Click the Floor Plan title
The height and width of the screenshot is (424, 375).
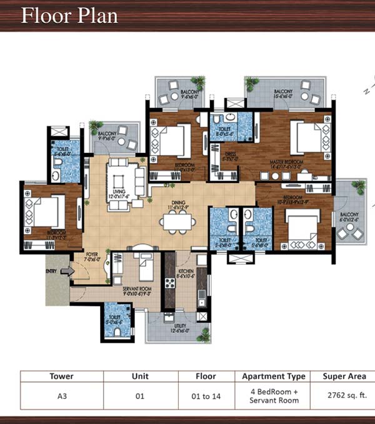tap(69, 15)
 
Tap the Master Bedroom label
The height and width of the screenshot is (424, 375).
tap(286, 164)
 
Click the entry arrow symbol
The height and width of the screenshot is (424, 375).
tap(69, 271)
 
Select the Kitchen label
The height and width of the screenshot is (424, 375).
tap(186, 272)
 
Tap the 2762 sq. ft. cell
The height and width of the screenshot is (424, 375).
tap(344, 396)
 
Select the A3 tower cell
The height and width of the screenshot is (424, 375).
tap(61, 396)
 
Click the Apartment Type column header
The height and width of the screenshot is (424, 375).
tap(274, 377)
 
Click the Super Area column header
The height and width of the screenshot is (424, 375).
tap(344, 377)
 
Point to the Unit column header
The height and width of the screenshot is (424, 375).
tap(141, 377)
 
